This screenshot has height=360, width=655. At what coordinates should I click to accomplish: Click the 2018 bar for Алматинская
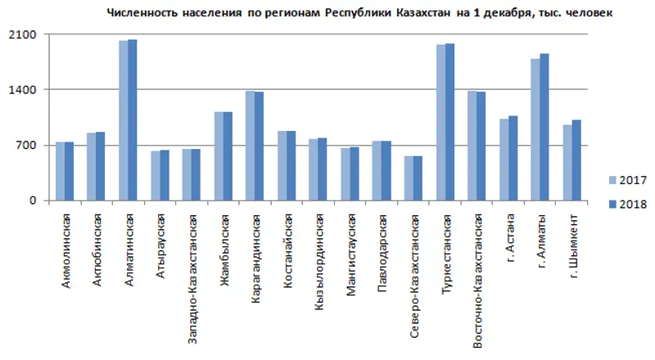(133, 119)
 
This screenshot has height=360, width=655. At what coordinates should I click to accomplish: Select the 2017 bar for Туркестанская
(440, 123)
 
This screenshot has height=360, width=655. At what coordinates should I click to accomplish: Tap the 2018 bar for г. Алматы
(544, 127)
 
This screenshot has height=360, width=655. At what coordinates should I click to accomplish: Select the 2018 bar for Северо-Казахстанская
(418, 178)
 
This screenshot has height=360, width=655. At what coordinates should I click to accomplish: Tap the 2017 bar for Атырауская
(155, 175)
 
